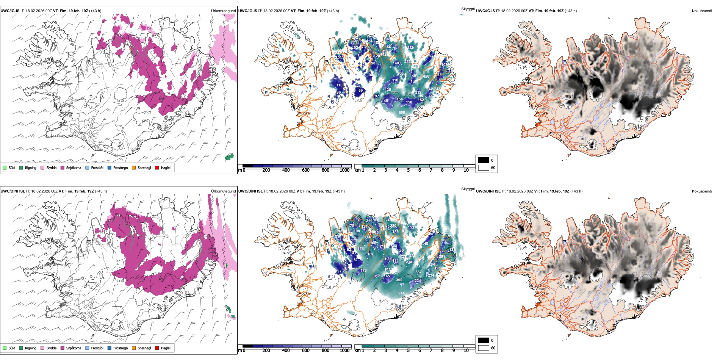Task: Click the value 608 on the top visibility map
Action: pos(402,113)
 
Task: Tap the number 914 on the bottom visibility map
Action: pos(401,293)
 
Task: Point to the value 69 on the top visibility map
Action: pos(360,91)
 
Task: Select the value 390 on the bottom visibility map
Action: pos(399,280)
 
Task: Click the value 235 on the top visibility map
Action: pos(407,62)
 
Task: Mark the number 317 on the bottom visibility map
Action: pos(377,276)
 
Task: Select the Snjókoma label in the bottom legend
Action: pos(74,348)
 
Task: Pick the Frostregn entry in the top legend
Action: pos(120,167)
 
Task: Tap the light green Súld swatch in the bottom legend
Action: pos(5,348)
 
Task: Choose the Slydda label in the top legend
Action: pos(51,167)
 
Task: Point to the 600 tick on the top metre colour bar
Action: pos(305,170)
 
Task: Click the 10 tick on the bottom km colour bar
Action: pos(466,351)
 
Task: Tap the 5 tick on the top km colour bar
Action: pos(409,170)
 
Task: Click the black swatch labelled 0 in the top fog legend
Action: pos(484,160)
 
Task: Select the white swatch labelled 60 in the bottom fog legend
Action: pos(484,348)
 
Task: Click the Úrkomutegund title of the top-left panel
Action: pos(223,11)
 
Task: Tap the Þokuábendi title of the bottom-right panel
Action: pos(702,191)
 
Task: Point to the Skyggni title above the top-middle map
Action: pos(468,9)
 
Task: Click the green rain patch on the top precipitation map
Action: pos(229,157)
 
